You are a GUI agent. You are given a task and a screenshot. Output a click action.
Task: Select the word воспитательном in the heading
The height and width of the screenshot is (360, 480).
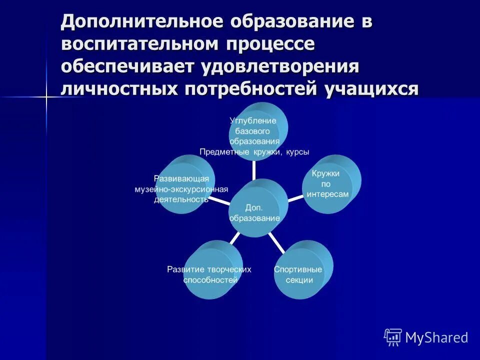click(139, 44)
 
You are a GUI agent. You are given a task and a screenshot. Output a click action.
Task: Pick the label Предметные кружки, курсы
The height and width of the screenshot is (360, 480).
click(254, 151)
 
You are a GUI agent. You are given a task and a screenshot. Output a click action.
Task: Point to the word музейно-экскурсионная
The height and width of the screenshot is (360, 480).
click(181, 189)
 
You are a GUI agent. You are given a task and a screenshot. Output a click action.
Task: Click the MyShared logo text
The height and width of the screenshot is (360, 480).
click(436, 337)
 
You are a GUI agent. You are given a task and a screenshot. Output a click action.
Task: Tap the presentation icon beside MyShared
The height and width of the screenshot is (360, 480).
click(393, 337)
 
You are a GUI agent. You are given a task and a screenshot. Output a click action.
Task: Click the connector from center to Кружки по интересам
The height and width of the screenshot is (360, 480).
click(295, 197)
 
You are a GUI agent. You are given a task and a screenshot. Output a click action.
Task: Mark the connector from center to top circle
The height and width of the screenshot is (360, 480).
click(254, 169)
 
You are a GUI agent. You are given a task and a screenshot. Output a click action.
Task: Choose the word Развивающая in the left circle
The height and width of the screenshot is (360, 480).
click(181, 178)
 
